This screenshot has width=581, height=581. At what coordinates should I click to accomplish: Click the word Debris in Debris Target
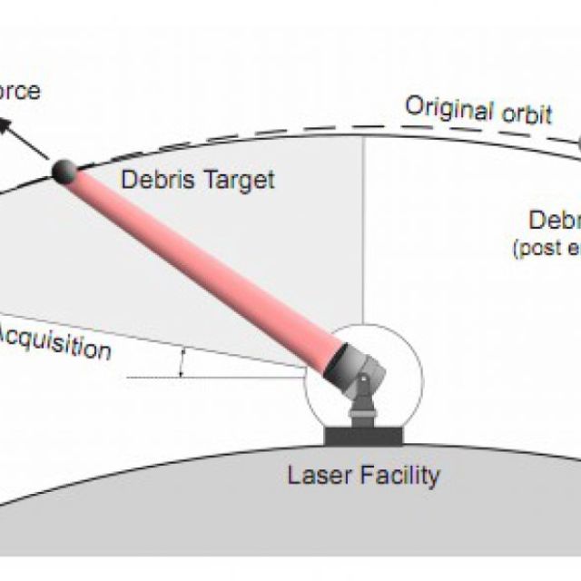[x=152, y=178]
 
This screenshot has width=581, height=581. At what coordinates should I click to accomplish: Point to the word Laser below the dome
[x=314, y=475]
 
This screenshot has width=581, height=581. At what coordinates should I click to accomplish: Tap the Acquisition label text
[x=54, y=342]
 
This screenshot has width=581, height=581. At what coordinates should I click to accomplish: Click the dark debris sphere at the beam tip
[x=65, y=173]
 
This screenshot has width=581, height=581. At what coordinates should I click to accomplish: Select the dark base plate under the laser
[x=363, y=437]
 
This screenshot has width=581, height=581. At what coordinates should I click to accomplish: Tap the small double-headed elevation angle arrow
[x=183, y=363]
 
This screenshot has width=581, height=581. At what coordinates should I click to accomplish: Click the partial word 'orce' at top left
[x=20, y=91]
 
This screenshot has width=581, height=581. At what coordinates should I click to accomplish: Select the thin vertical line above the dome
[x=363, y=227]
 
